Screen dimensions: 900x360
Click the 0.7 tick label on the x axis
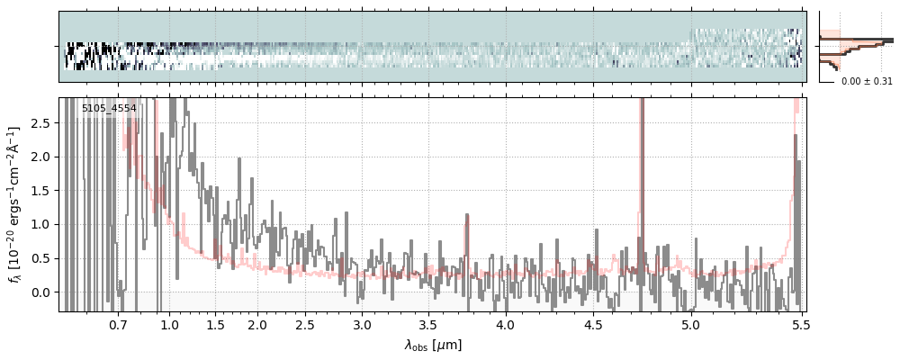pos(118,324)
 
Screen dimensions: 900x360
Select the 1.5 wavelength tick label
pos(216,324)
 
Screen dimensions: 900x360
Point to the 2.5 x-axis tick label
pos(305,324)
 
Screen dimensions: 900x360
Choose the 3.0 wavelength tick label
pos(362,324)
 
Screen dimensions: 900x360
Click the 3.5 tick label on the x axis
pos(432,324)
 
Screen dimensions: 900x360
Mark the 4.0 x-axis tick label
pos(505,324)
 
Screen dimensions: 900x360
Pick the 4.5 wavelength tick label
pos(593,324)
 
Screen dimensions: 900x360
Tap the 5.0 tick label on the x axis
pos(691,324)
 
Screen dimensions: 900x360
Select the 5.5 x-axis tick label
pos(801,324)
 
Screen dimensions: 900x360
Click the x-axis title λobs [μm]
pos(433,345)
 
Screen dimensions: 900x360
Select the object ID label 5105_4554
pos(109,107)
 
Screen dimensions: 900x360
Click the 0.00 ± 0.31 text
pos(867,82)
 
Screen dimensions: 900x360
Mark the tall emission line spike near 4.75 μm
pos(642,184)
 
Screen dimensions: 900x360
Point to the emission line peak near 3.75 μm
pos(466,215)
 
